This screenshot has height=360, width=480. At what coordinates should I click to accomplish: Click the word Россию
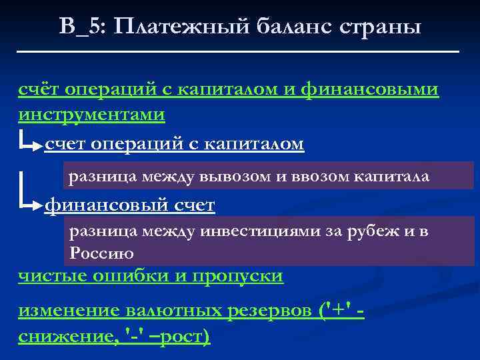[101, 254]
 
